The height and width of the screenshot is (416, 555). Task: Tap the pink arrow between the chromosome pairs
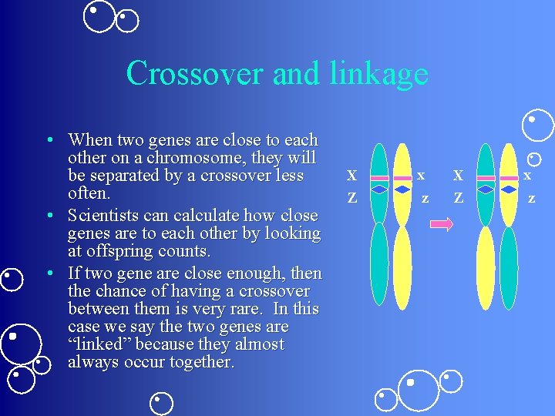coord(442,224)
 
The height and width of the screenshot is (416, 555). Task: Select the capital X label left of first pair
coord(351,176)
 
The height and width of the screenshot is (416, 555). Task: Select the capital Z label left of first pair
coord(351,198)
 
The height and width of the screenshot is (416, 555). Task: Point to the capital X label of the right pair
coord(458,176)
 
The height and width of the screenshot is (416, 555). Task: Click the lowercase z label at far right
coord(531,198)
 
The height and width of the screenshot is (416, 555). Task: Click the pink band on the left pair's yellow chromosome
coord(402,178)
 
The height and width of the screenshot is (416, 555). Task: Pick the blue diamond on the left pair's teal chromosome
coord(379,189)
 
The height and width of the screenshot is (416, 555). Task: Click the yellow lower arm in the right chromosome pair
coord(485,267)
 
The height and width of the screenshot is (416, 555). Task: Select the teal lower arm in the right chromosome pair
coord(509,267)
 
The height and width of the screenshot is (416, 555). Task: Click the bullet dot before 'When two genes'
coord(49,140)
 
